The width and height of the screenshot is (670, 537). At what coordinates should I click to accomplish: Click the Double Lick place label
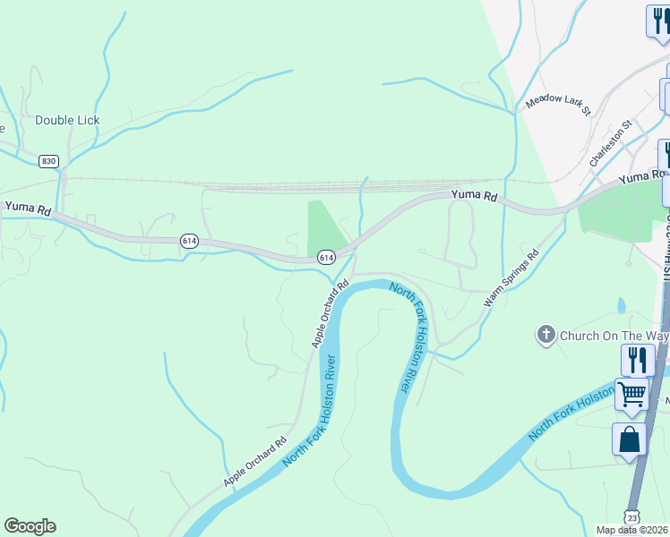(67, 120)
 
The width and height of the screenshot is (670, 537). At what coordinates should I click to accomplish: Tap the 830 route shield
(48, 161)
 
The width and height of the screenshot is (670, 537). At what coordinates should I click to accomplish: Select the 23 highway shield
(632, 517)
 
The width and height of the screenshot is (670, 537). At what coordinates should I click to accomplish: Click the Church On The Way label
(614, 337)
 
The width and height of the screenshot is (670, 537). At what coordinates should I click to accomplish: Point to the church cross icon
(545, 336)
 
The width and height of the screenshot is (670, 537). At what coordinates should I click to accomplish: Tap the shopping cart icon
(632, 393)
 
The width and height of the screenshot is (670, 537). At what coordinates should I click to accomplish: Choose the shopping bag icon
(629, 439)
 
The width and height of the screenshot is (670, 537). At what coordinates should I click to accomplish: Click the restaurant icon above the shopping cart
(637, 359)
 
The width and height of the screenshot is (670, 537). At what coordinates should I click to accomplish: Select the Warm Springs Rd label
(511, 278)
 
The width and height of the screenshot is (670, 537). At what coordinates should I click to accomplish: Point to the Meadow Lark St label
(557, 105)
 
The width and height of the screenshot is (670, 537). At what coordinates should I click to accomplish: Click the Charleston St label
(611, 142)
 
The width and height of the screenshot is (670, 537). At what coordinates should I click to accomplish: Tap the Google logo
(30, 526)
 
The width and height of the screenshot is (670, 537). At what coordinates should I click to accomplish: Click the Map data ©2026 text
(631, 530)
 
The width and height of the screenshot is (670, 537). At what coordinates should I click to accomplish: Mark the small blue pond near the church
(622, 307)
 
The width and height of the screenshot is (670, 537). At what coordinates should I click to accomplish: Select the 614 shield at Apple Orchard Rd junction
(327, 257)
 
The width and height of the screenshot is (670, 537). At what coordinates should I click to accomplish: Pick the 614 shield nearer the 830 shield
(189, 241)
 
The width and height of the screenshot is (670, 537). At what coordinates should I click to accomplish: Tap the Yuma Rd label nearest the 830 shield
(27, 208)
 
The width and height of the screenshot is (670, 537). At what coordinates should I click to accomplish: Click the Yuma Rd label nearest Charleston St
(643, 177)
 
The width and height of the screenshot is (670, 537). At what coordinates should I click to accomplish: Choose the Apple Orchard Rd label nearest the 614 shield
(329, 315)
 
